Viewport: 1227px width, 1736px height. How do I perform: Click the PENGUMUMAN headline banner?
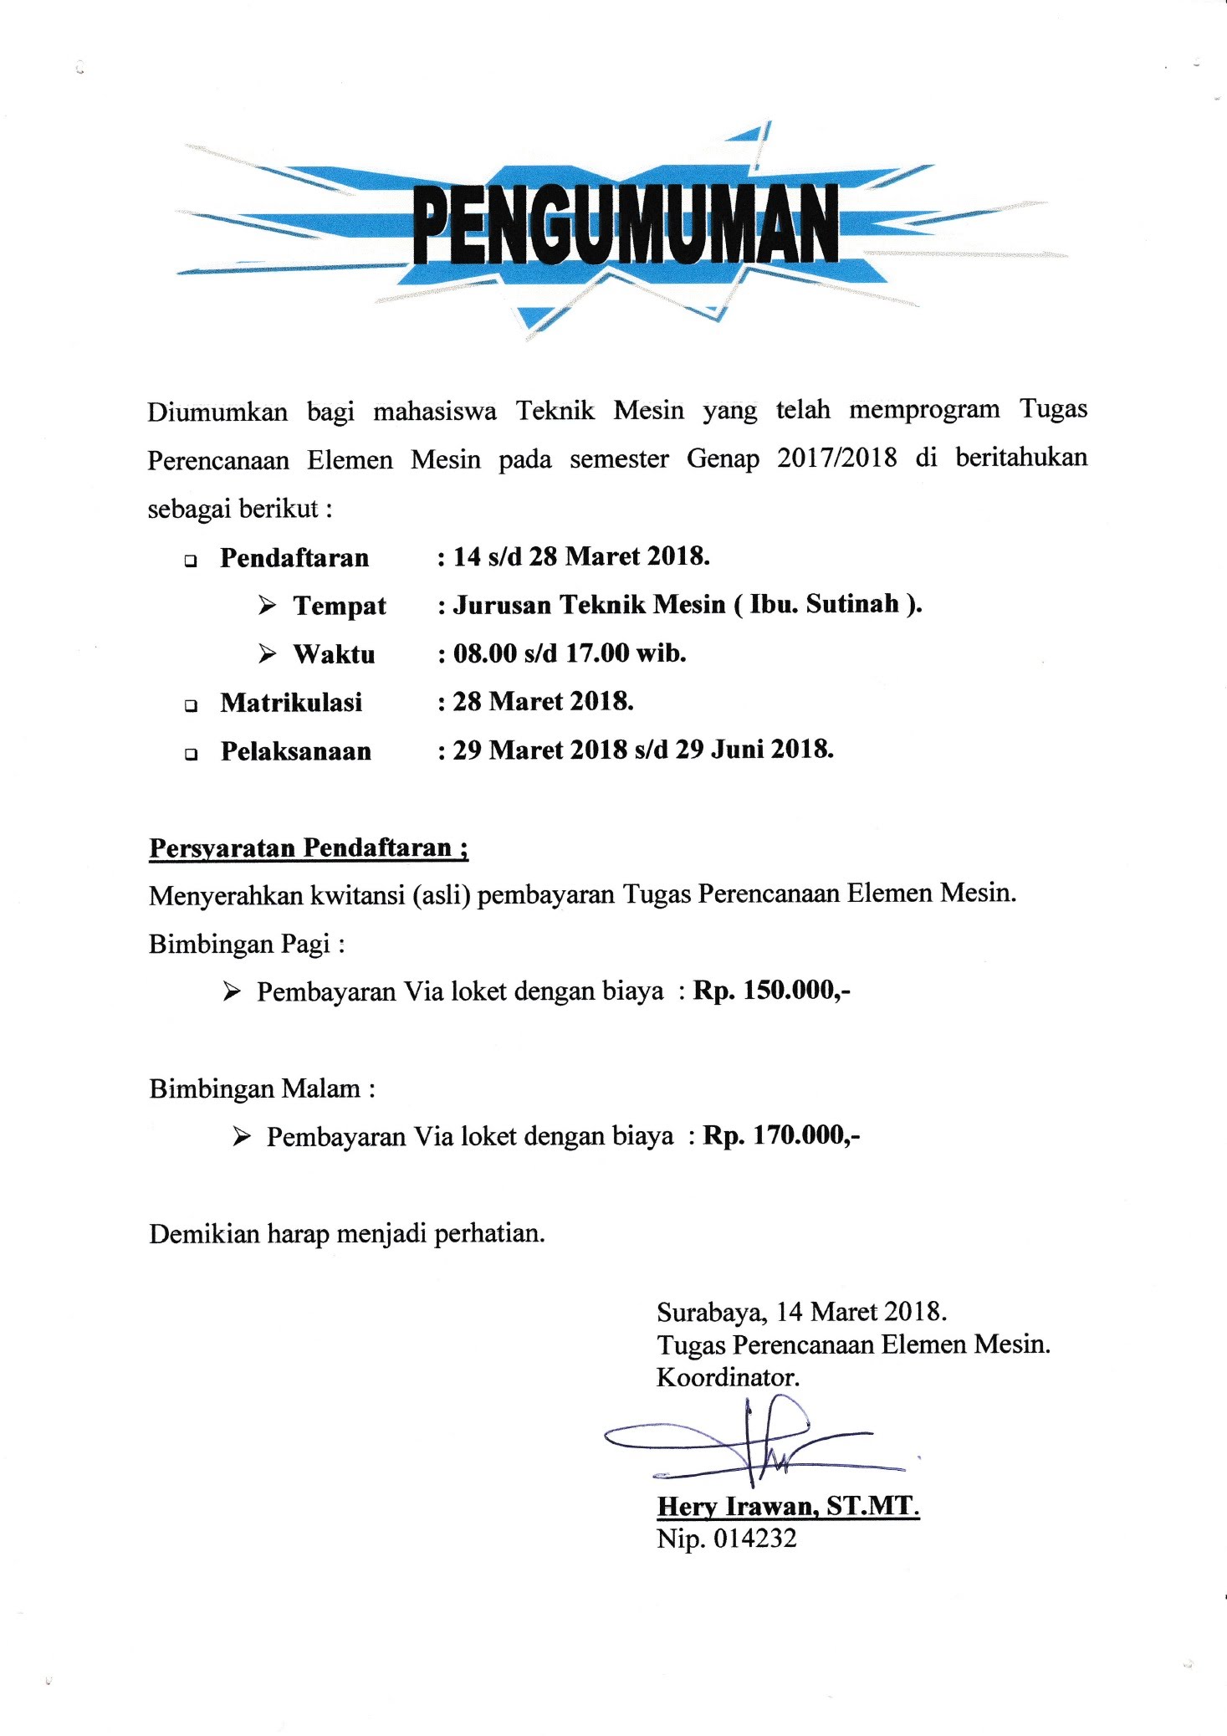(x=625, y=224)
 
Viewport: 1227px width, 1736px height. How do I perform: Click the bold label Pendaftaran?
(x=294, y=558)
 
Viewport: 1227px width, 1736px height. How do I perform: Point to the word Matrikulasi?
(x=291, y=702)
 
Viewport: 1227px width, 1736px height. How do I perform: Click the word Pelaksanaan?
(x=295, y=750)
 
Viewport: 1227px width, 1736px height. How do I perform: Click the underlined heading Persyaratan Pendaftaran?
(x=308, y=848)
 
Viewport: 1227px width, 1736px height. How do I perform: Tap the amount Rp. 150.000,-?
(x=771, y=991)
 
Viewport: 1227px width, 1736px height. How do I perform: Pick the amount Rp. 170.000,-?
(x=781, y=1135)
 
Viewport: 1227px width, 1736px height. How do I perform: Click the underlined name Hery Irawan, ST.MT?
(x=788, y=1507)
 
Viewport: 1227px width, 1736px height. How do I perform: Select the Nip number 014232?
(x=754, y=1539)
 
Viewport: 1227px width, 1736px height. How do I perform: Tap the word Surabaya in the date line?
(x=711, y=1312)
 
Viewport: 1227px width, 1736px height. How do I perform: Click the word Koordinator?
(x=728, y=1377)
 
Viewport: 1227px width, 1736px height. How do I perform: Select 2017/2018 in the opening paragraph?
(x=836, y=458)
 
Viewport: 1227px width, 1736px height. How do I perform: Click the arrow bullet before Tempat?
(x=268, y=605)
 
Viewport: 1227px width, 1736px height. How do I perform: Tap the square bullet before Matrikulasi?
(x=192, y=705)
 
